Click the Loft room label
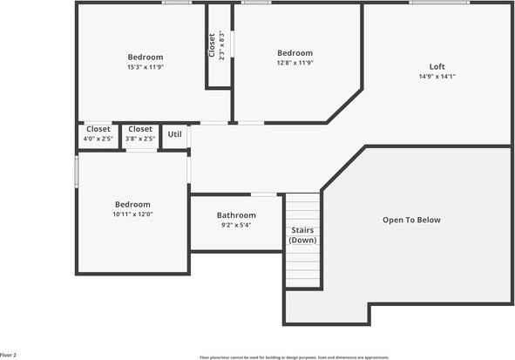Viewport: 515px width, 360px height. [437, 67]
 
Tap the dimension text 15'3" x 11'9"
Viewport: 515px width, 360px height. [146, 66]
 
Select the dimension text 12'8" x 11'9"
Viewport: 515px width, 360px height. [295, 63]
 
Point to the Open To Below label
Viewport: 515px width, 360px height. [411, 220]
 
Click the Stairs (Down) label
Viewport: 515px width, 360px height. [303, 235]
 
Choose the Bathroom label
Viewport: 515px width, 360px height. [236, 215]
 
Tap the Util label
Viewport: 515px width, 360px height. [174, 134]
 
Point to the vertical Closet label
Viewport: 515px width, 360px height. [212, 45]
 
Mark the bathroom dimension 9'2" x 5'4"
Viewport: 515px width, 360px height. [236, 225]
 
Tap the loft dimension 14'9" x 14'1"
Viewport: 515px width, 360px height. [437, 77]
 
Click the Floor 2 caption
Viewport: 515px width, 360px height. [8, 355]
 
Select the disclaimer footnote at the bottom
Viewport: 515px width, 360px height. [294, 357]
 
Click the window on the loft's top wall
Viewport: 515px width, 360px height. [440, 3]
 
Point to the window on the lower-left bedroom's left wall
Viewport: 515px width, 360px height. [77, 171]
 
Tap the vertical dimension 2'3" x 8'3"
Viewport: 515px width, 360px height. [222, 45]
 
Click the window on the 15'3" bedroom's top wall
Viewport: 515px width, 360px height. [177, 3]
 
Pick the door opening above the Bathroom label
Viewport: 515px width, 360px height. [263, 194]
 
